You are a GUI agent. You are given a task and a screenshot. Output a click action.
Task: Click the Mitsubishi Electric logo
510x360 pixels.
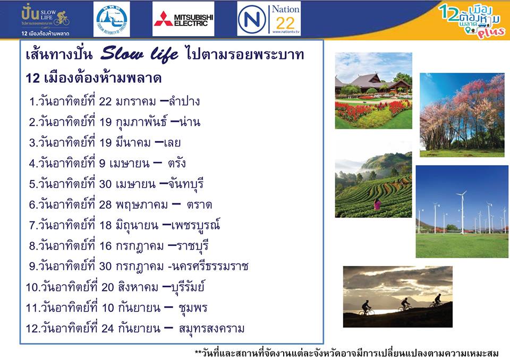183,19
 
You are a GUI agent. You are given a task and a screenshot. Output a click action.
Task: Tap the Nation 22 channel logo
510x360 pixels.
269,19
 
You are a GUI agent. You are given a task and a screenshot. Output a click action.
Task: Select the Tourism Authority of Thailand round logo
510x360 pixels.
112,19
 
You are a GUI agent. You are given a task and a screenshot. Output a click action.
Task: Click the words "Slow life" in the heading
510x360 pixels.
139,54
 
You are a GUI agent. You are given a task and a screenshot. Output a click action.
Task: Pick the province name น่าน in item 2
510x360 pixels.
190,122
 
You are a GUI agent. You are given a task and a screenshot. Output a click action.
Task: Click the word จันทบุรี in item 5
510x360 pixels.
186,184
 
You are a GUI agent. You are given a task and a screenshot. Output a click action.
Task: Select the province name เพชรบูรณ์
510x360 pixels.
195,225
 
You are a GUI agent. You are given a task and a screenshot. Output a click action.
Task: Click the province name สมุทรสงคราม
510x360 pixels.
211,329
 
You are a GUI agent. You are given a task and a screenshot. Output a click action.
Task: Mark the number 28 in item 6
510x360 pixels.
105,205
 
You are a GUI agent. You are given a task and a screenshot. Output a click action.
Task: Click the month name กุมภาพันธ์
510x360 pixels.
141,122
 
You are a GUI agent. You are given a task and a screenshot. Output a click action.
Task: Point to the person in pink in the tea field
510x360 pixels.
377,204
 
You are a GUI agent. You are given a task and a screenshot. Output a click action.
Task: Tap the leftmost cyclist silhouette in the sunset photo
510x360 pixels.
366,308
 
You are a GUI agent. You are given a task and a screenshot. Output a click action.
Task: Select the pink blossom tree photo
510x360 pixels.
462,115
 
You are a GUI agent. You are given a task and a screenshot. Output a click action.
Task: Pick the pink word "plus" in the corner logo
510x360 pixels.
491,32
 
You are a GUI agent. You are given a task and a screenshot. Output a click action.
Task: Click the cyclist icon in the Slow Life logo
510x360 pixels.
62,18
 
